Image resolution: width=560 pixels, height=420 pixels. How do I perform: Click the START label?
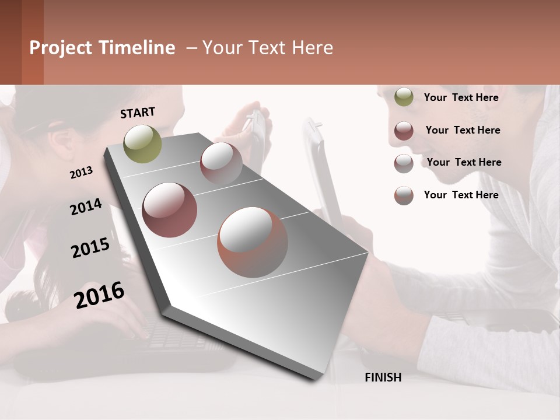pyautogui.click(x=138, y=113)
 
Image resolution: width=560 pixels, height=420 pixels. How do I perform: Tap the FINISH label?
pyautogui.click(x=383, y=377)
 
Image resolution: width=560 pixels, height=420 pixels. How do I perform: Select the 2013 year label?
pyautogui.click(x=81, y=172)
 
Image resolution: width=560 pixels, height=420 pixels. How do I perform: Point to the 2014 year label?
pyautogui.click(x=86, y=206)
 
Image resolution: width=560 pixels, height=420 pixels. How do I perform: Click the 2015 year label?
pyautogui.click(x=90, y=248)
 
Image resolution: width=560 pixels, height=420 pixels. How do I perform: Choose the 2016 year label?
pyautogui.click(x=99, y=295)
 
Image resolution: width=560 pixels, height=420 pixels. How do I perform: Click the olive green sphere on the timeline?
pyautogui.click(x=142, y=143)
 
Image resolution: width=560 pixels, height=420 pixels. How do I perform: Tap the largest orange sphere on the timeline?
pyautogui.click(x=253, y=242)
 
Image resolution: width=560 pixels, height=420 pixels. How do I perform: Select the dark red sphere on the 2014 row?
pyautogui.click(x=169, y=210)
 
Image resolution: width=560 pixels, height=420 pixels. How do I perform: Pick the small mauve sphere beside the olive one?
pyautogui.click(x=221, y=163)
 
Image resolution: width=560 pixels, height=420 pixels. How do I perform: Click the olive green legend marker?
pyautogui.click(x=404, y=97)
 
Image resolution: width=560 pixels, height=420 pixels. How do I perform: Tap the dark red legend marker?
pyautogui.click(x=404, y=131)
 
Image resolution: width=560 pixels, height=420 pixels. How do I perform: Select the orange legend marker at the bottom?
pyautogui.click(x=404, y=195)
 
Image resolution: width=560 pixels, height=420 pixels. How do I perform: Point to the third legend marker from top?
pyautogui.click(x=404, y=163)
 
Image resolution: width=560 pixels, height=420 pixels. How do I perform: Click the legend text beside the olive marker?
pyautogui.click(x=461, y=97)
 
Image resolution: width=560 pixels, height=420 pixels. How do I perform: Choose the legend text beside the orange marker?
pyautogui.click(x=461, y=195)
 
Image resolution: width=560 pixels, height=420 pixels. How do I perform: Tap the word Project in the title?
pyautogui.click(x=61, y=48)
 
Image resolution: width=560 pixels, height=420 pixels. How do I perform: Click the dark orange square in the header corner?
pyautogui.click(x=32, y=42)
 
